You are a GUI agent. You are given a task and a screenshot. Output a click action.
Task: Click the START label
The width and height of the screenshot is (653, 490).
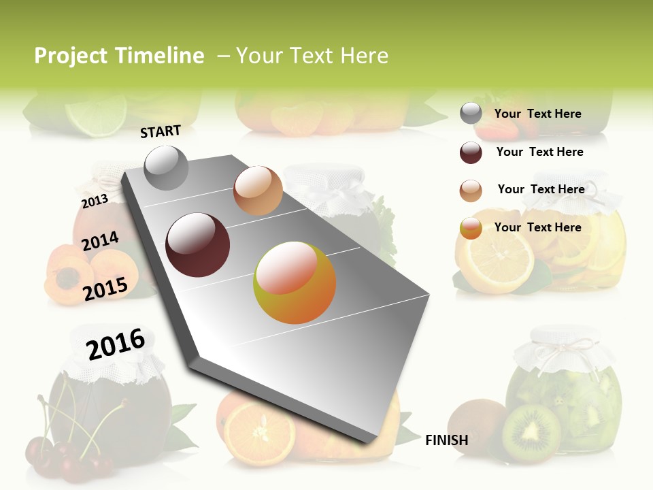pos(161,131)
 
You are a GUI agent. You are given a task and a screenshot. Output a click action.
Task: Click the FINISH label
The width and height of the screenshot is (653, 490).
pos(446,440)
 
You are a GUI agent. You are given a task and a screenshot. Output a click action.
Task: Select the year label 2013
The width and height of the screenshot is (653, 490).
pos(95,201)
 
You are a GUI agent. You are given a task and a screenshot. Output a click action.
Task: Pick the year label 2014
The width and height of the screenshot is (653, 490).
pos(100,242)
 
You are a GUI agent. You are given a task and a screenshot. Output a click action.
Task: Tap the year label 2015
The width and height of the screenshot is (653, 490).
pos(105,289)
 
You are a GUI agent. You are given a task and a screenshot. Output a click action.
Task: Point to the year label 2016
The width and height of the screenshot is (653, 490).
pos(116,344)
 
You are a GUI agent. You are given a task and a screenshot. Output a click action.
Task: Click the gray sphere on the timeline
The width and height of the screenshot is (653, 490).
pos(166,167)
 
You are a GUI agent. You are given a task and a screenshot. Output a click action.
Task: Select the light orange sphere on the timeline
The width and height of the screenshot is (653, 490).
pos(258,191)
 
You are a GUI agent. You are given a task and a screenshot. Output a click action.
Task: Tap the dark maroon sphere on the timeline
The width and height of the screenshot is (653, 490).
pos(198,244)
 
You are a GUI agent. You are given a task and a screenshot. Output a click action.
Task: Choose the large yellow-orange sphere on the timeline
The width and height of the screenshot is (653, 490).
pos(295,282)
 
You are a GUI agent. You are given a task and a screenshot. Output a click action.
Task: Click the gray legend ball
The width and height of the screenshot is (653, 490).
pos(471,114)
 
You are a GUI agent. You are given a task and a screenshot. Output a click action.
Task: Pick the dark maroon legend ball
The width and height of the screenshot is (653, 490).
pos(471,152)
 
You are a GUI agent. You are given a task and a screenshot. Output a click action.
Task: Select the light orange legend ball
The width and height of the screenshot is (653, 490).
pos(471,191)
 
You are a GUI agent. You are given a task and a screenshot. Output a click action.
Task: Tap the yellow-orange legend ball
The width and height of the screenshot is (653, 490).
pos(471,228)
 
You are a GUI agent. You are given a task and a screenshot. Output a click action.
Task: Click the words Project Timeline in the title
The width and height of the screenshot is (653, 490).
pos(119,56)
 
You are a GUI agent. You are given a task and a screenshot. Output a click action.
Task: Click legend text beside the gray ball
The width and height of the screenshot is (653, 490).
pos(537,114)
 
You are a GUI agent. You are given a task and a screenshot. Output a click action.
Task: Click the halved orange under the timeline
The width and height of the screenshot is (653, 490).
pos(259,432)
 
